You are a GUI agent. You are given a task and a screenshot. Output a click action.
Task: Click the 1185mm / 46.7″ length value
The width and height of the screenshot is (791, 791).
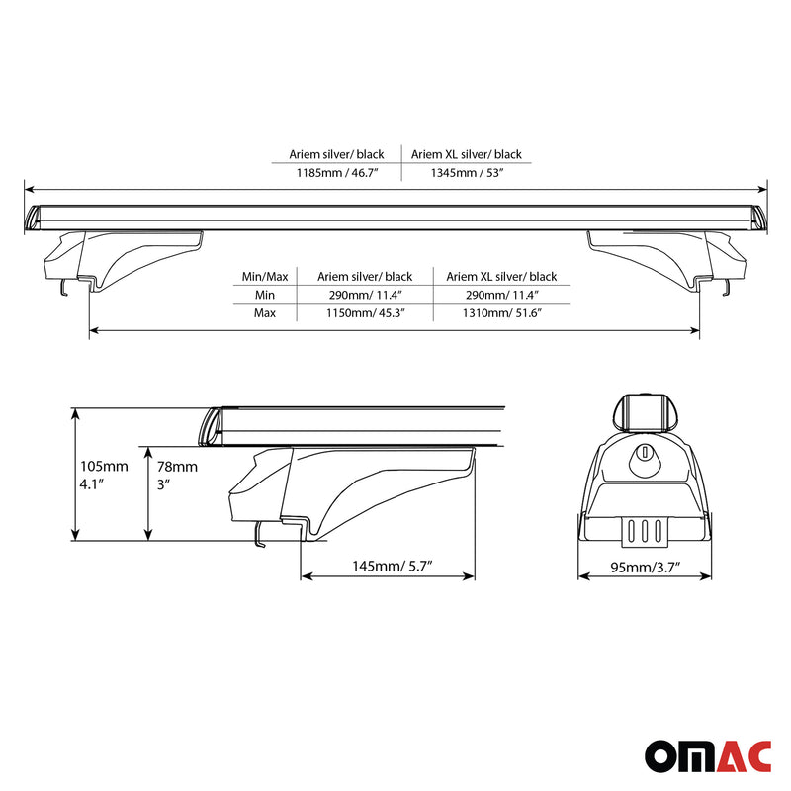pos(337,172)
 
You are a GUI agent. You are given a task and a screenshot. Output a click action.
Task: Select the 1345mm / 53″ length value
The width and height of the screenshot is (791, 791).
pos(467,172)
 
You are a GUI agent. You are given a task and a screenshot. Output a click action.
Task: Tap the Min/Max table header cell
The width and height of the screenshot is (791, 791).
pos(265,277)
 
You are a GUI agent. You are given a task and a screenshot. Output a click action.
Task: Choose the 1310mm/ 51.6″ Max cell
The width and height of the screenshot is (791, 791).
pos(501,312)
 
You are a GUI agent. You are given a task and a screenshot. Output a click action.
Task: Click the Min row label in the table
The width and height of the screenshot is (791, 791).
pos(265,295)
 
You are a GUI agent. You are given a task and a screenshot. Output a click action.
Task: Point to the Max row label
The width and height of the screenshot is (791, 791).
pos(265,312)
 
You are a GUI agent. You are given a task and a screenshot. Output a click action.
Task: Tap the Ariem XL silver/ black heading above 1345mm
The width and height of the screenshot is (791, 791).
pos(467,154)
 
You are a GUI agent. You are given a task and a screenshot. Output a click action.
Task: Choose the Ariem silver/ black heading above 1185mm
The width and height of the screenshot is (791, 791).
pos(337,154)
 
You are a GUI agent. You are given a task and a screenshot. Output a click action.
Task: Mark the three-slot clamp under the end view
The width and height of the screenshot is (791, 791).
pos(644,530)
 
